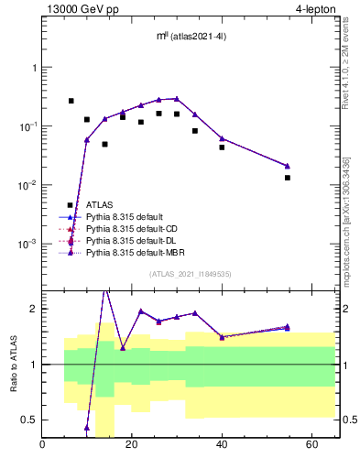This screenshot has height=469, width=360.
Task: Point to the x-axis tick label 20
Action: point(132,445)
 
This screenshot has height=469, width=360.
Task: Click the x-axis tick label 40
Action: point(222,445)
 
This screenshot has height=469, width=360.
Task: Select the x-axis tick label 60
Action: point(311,445)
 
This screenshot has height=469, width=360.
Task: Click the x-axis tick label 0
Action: point(43,445)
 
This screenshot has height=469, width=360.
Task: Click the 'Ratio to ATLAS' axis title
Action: point(13,364)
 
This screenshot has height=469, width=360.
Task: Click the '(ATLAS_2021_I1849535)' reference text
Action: point(190,273)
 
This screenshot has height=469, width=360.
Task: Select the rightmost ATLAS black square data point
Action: point(288,178)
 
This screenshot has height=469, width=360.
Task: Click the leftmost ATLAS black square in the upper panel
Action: point(71,101)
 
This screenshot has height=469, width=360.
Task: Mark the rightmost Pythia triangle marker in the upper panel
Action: point(288,166)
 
